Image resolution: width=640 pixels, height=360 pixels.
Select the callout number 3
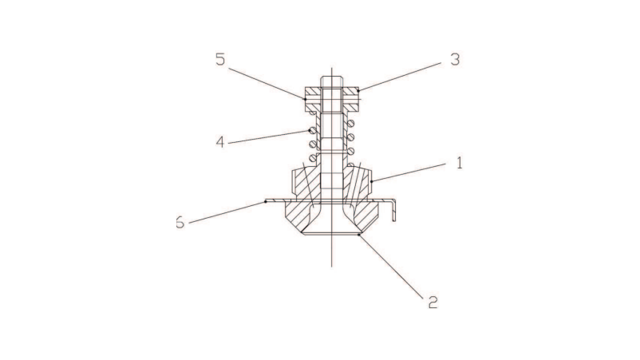(x=454, y=60)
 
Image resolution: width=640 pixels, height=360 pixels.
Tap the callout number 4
(x=220, y=142)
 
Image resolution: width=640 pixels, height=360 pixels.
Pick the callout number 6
(x=180, y=222)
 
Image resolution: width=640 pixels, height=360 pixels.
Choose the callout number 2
(x=432, y=302)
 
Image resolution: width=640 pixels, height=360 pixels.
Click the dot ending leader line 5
(x=305, y=99)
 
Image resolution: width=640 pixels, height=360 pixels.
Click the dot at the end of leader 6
(x=266, y=202)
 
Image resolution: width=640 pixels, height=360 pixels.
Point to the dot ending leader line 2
(x=361, y=235)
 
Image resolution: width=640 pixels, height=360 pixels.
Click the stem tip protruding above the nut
(x=332, y=81)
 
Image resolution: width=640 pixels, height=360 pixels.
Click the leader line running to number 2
(x=395, y=267)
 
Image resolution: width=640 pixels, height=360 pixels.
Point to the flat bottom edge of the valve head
(x=331, y=234)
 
